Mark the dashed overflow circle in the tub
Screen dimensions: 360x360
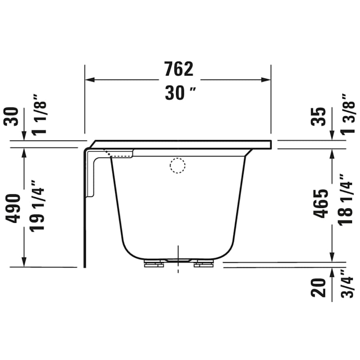tap(178, 165)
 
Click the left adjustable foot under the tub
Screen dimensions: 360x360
tap(153, 264)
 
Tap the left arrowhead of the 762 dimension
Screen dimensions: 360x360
tap(88, 80)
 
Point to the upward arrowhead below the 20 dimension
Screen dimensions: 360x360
tap(332, 272)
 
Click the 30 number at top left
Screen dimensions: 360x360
tap(14, 116)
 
